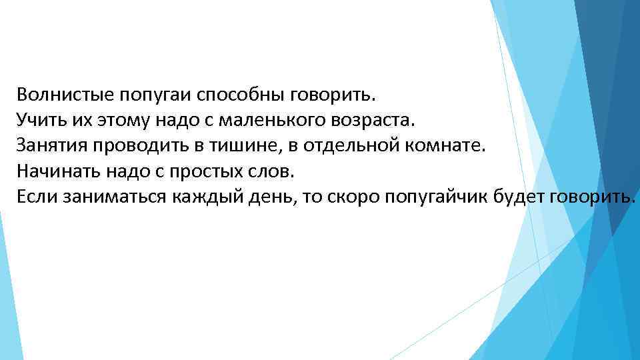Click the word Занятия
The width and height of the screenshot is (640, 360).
51,146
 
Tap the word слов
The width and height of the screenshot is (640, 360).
270,171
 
